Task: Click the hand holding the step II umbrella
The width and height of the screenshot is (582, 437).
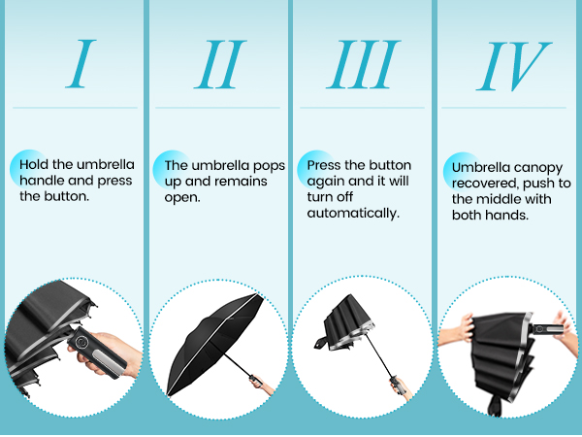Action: tap(260, 383)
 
